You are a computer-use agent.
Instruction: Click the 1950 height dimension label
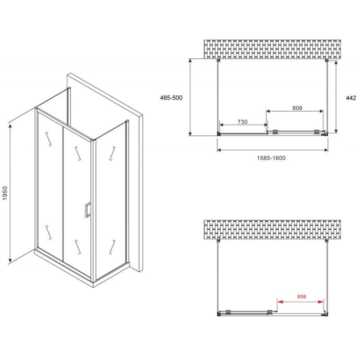[5, 193]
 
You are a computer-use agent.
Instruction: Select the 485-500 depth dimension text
[171, 98]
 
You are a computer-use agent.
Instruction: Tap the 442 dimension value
[351, 98]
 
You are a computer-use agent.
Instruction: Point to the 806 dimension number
[297, 108]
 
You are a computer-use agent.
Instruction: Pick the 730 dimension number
[243, 121]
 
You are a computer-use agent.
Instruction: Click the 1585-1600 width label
[271, 158]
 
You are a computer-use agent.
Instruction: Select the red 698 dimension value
[301, 297]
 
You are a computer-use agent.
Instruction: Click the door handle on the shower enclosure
[87, 210]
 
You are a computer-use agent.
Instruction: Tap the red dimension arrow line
[300, 301]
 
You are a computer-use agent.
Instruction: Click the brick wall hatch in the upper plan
[272, 49]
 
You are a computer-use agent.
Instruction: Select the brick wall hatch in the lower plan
[272, 230]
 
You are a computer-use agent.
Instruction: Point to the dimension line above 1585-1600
[273, 150]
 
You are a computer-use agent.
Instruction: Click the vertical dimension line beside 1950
[10, 193]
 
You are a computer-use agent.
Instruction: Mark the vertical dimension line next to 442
[336, 97]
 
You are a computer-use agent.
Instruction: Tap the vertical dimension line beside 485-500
[190, 97]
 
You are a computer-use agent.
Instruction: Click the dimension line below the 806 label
[295, 111]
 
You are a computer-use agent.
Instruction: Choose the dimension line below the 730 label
[243, 125]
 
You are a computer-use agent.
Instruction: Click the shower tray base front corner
[93, 284]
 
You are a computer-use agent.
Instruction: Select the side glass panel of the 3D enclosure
[111, 199]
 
